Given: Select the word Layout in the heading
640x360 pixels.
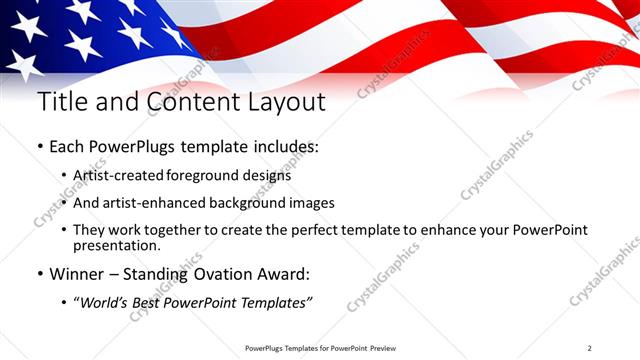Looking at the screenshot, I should (281, 103).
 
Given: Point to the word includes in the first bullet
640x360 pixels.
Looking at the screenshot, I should (283, 147).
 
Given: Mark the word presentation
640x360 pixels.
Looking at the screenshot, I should (117, 245).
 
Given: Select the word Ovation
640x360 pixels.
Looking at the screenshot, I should (236, 272).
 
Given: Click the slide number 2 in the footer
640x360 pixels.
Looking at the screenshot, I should (590, 347).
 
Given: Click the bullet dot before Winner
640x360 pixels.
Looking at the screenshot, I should (41, 272).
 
